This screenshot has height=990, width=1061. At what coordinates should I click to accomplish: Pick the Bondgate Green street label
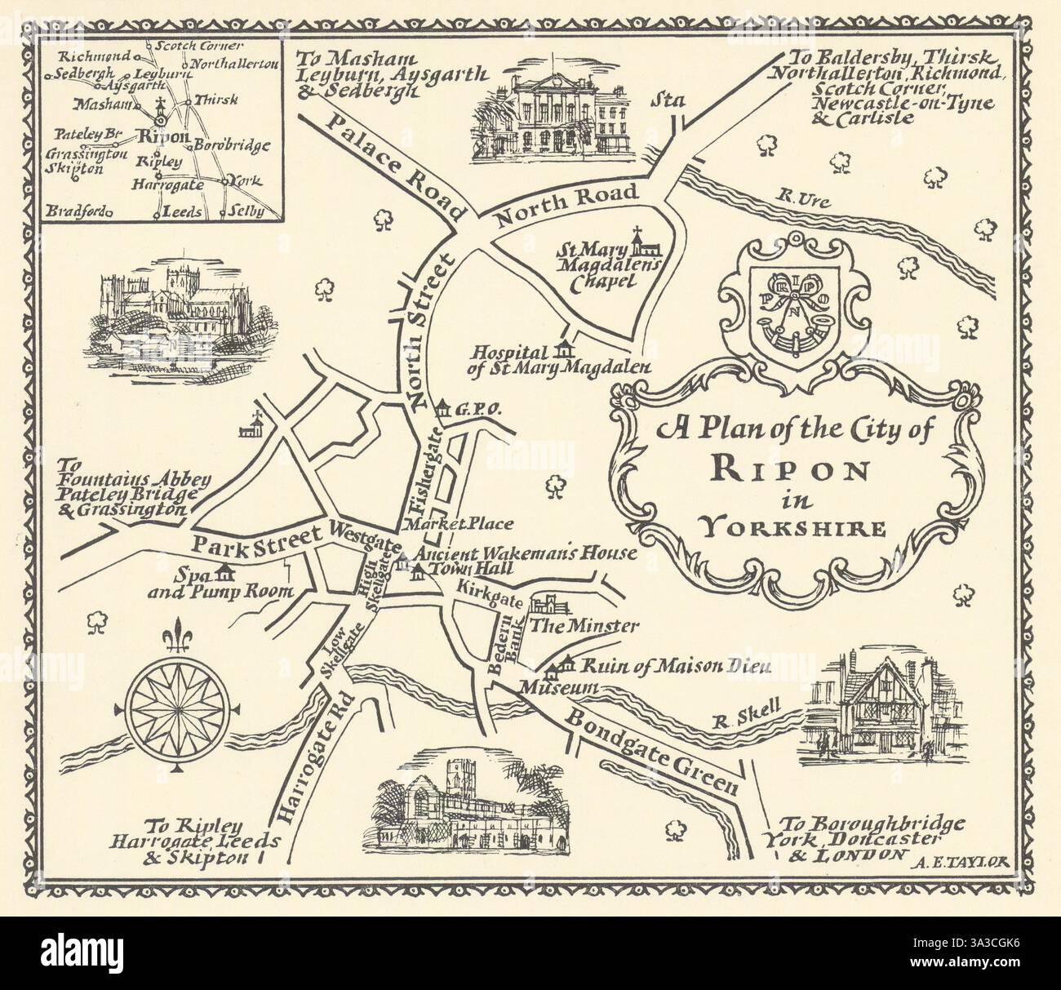(x=653, y=751)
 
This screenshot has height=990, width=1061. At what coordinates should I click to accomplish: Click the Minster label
(x=584, y=626)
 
